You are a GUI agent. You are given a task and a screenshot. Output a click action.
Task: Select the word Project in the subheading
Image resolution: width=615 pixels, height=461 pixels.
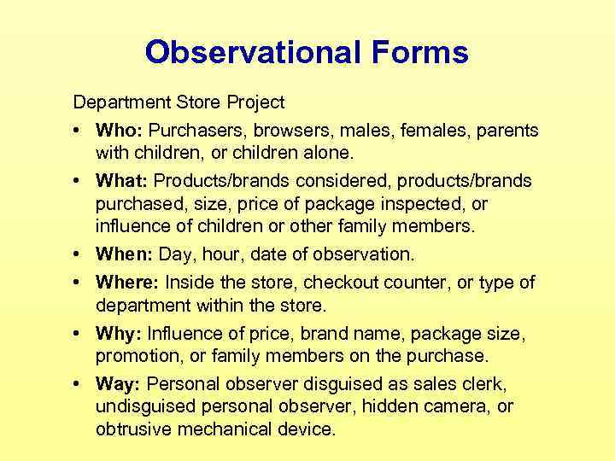[x=255, y=103]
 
